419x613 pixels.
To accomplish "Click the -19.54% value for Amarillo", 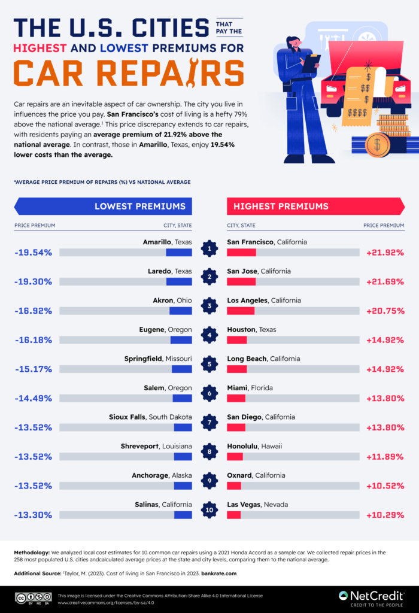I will pyautogui.click(x=33, y=253).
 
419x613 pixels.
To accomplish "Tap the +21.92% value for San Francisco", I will pyautogui.click(x=385, y=253).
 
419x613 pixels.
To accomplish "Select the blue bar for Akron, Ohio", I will pyautogui.click(x=180, y=311).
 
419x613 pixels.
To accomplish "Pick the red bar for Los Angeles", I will pyautogui.click(x=241, y=311).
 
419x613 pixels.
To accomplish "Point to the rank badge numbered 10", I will pyautogui.click(x=209, y=510).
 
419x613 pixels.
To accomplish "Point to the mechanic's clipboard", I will pyautogui.click(x=311, y=62).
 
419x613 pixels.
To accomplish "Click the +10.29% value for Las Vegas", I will pyautogui.click(x=385, y=515).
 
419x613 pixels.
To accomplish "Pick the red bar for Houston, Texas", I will pyautogui.click(x=237, y=340).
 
